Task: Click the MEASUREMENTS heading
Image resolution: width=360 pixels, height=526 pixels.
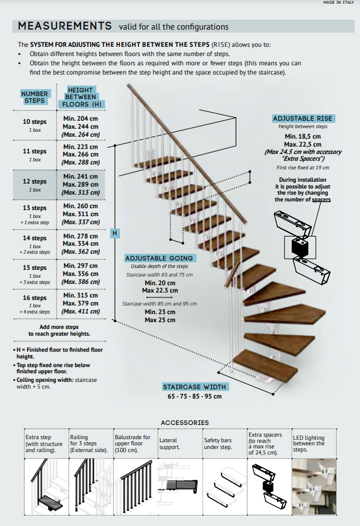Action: coord(65,26)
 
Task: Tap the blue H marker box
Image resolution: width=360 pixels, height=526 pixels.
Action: coord(114,233)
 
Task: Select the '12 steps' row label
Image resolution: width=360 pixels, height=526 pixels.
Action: coord(34,181)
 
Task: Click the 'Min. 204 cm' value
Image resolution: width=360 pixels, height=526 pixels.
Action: coord(81,118)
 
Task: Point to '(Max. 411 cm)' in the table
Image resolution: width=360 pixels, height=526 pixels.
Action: coord(81,311)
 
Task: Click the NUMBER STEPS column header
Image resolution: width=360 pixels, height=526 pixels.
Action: coord(34,97)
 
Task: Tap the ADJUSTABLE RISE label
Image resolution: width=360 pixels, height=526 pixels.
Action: coord(302,118)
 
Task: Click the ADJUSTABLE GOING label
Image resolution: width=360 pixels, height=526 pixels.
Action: coord(159,258)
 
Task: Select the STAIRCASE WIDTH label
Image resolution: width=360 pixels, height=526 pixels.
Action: coord(194,387)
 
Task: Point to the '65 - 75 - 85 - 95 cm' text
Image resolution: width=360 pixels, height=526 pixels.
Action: coord(194,397)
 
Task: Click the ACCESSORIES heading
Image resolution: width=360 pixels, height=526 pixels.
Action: coord(185,423)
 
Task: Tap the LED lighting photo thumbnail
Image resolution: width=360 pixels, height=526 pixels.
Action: coord(314,487)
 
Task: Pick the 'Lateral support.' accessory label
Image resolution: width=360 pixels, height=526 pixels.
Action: coord(170,443)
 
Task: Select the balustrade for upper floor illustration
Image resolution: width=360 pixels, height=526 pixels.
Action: coord(135,487)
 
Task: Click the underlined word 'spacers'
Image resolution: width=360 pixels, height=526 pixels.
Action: coord(321,200)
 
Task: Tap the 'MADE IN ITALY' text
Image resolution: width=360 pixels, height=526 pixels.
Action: coord(338,2)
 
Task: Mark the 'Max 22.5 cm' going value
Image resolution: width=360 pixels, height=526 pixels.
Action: coord(160,291)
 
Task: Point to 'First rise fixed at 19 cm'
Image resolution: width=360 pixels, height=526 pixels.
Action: coord(303,168)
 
